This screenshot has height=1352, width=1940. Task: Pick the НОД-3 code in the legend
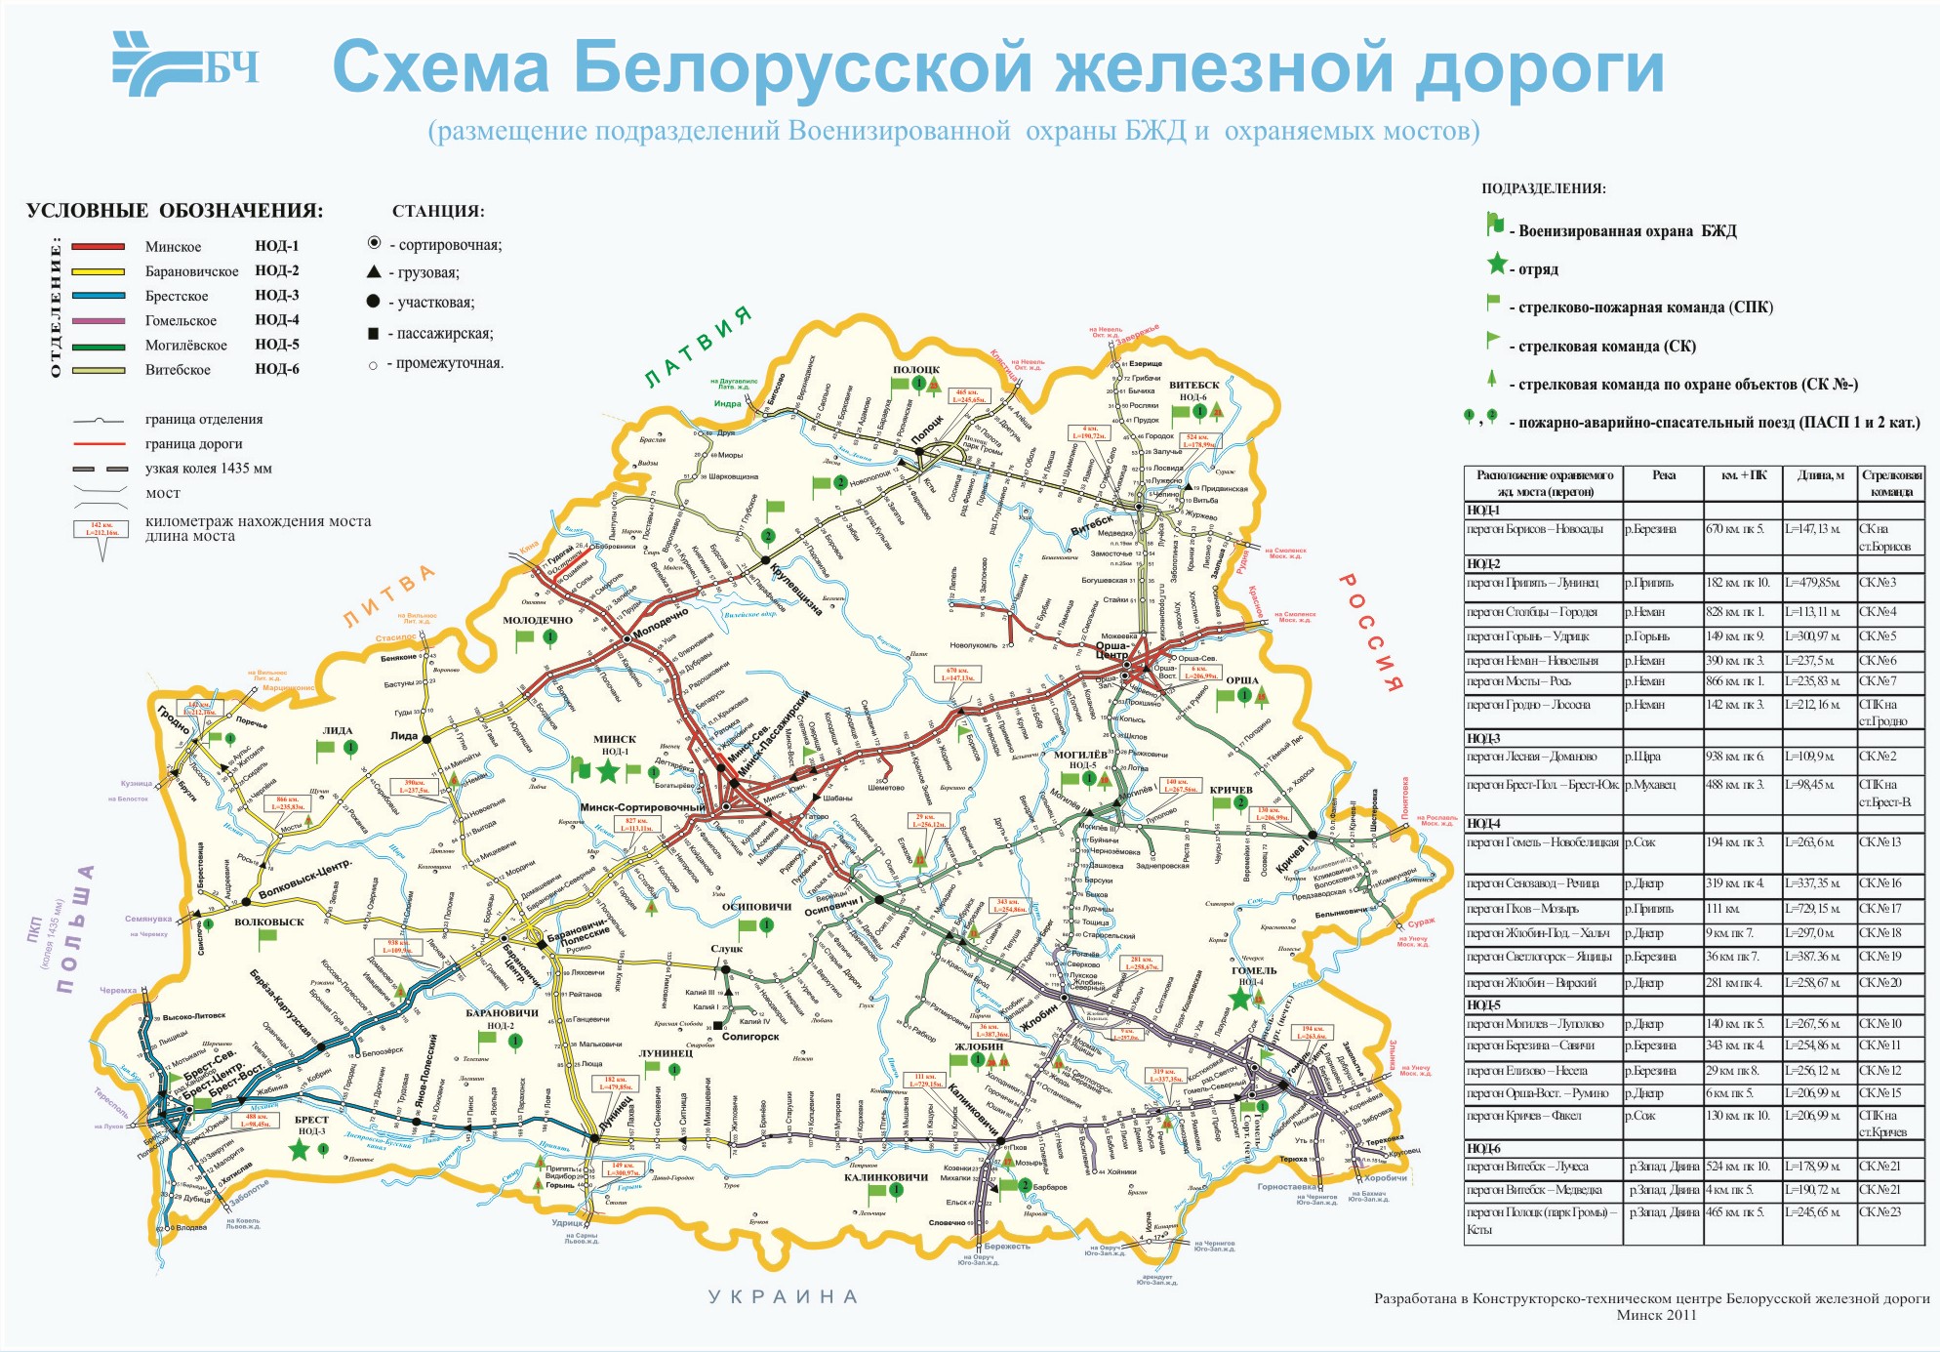pyautogui.click(x=277, y=295)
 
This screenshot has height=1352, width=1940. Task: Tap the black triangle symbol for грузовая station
pyautogui.click(x=374, y=271)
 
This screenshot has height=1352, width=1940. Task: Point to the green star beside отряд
pyautogui.click(x=1496, y=265)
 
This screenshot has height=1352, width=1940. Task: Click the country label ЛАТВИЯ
pyautogui.click(x=699, y=346)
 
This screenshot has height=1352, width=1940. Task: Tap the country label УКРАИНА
pyautogui.click(x=783, y=1296)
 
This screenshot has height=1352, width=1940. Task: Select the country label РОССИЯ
pyautogui.click(x=1370, y=632)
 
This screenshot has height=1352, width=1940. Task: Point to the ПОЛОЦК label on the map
pyautogui.click(x=916, y=369)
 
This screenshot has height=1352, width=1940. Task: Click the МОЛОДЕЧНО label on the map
pyautogui.click(x=538, y=620)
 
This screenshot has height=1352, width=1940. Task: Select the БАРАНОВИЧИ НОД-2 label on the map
pyautogui.click(x=503, y=1019)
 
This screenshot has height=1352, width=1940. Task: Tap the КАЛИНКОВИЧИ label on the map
pyautogui.click(x=886, y=1177)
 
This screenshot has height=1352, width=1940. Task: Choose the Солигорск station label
pyautogui.click(x=750, y=1037)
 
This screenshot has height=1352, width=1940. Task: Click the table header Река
pyautogui.click(x=1664, y=475)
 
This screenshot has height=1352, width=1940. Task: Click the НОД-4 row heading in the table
pyautogui.click(x=1483, y=823)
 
